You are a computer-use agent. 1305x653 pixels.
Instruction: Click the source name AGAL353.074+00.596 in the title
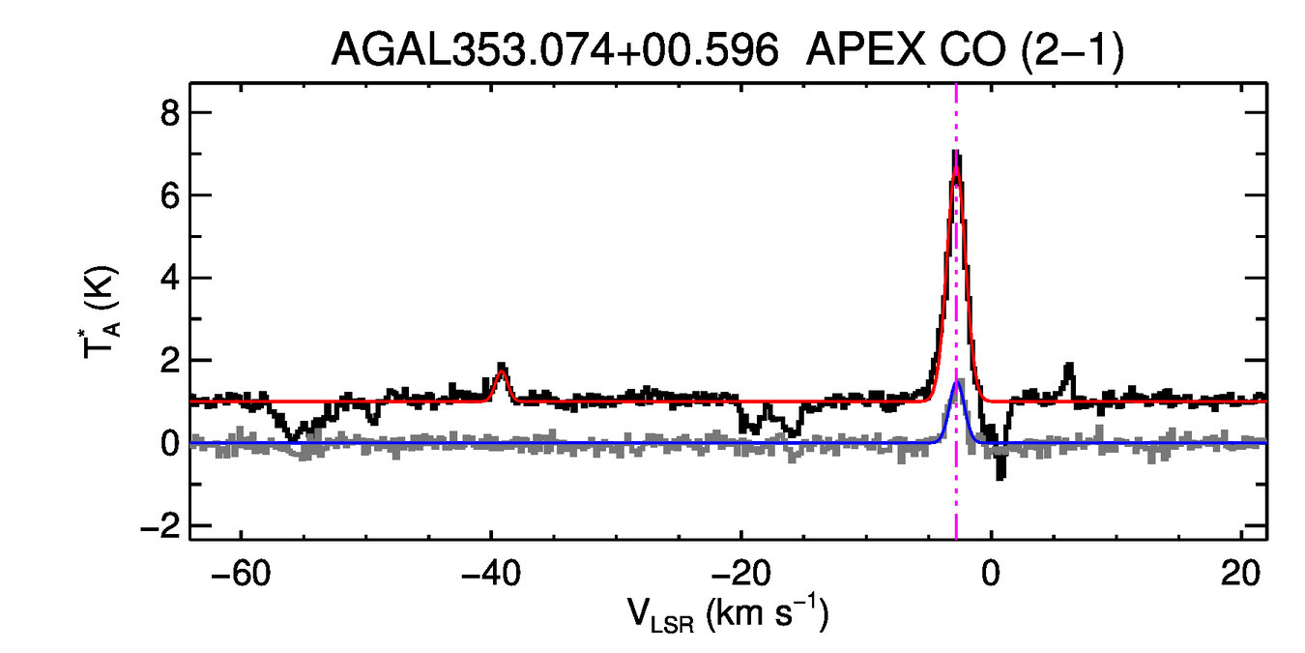click(x=554, y=49)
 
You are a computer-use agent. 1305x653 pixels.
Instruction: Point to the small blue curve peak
click(x=956, y=382)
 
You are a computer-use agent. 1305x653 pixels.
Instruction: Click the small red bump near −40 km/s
click(x=501, y=371)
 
